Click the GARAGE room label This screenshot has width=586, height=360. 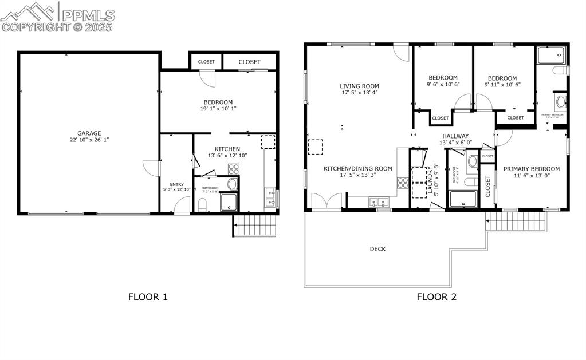coord(89,133)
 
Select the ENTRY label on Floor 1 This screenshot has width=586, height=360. coord(176,184)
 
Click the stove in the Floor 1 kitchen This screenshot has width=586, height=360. coord(234,169)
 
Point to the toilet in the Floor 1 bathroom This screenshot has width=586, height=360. coord(202,204)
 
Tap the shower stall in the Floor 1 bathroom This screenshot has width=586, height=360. coord(229,202)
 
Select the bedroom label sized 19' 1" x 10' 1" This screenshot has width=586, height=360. coord(218,102)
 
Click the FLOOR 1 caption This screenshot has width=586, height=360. coord(148,296)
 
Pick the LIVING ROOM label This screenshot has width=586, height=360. coord(360,86)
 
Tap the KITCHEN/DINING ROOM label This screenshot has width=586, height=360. coord(358,168)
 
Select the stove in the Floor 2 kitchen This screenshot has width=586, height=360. coord(403,183)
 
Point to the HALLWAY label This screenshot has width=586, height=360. coord(455,136)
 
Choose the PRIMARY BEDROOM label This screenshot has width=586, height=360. coord(531,169)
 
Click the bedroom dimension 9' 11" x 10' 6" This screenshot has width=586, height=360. coord(502,85)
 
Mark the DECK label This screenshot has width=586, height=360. coord(377,249)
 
